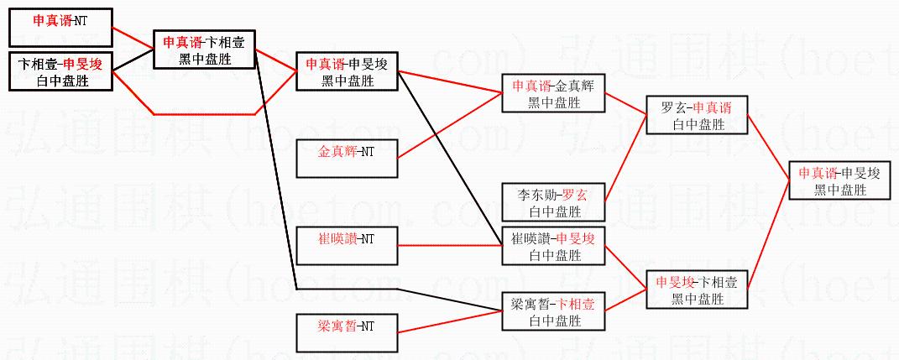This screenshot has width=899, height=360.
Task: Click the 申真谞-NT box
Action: [x=60, y=27]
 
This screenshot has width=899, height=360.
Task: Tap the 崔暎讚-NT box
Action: [x=347, y=244]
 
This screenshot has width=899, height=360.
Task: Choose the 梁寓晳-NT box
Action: [x=347, y=331]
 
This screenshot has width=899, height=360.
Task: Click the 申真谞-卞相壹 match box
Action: [x=204, y=50]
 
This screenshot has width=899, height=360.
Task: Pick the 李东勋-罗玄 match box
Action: [x=552, y=203]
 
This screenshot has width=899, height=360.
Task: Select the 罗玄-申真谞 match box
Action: [x=696, y=117]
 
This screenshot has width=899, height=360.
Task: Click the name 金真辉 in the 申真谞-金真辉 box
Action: [x=578, y=86]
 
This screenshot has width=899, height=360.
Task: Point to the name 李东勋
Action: [x=535, y=195]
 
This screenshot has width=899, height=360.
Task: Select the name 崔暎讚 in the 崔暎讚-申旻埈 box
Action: [x=530, y=238]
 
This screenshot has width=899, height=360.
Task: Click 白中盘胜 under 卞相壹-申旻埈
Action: [x=60, y=81]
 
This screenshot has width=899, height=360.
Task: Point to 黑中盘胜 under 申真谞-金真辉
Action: [x=552, y=102]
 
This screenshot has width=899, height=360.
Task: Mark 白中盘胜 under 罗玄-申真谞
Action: [x=696, y=125]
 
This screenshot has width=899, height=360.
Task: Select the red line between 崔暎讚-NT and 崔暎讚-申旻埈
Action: [x=449, y=246]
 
